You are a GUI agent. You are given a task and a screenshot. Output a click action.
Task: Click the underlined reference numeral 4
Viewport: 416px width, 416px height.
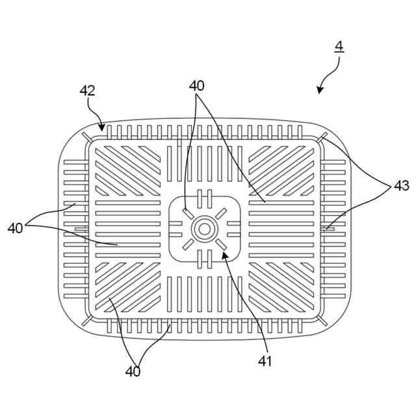pyautogui.click(x=339, y=47)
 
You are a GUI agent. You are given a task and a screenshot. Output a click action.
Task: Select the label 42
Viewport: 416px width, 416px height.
pyautogui.click(x=88, y=91)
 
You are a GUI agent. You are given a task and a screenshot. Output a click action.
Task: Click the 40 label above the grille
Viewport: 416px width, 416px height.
pyautogui.click(x=197, y=86)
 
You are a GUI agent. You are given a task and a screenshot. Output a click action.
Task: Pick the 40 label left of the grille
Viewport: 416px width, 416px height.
pyautogui.click(x=16, y=228)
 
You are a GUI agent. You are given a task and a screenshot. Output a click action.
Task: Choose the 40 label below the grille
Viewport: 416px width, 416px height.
pyautogui.click(x=133, y=371)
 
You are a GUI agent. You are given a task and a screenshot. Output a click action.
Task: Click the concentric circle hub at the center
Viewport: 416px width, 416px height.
pyautogui.click(x=204, y=229)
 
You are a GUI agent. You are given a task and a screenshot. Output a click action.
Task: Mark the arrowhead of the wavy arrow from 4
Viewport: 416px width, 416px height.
pyautogui.click(x=320, y=92)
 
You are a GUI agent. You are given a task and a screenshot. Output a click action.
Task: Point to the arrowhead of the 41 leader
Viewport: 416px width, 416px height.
pyautogui.click(x=224, y=255)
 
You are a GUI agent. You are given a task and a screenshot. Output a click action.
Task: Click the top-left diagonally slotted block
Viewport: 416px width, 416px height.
pyautogui.click(x=128, y=171)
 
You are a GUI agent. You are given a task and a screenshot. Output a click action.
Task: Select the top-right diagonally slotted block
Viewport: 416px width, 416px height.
pyautogui.click(x=281, y=171)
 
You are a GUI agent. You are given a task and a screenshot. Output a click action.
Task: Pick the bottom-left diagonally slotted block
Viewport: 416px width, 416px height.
pyautogui.click(x=128, y=287)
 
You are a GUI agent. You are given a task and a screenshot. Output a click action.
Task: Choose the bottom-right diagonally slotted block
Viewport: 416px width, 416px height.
pyautogui.click(x=281, y=287)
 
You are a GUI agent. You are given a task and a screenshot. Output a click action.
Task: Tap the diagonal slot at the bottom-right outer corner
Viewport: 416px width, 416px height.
pyautogui.click(x=322, y=320)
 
